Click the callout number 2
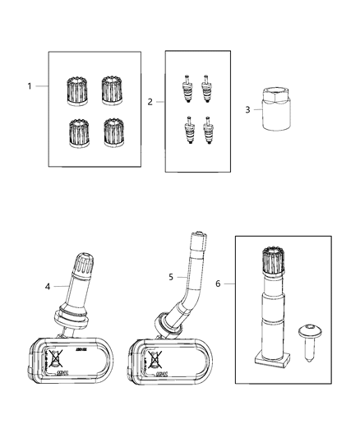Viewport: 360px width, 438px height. point(150,103)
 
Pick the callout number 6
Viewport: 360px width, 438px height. point(219,284)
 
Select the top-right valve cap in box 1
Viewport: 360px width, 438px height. point(112,89)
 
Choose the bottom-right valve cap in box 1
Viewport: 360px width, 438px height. point(112,131)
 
